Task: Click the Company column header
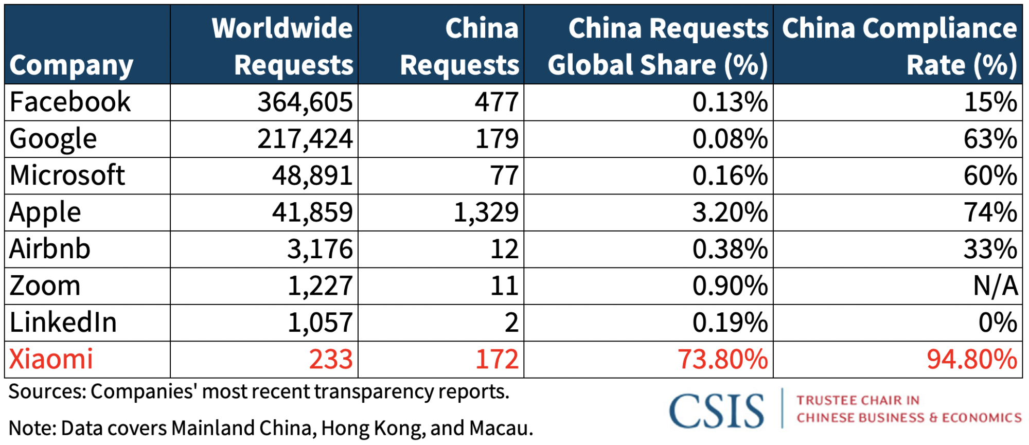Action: point(71,65)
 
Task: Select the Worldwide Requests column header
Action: point(282,46)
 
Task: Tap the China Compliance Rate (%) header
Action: point(899,46)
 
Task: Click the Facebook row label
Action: point(70,102)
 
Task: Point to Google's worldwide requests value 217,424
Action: point(305,139)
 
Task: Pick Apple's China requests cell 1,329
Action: point(486,212)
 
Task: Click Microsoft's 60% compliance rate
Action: point(990,176)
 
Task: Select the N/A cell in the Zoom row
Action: point(995,286)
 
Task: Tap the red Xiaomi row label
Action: point(51,359)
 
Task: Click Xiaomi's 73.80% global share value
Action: point(722,359)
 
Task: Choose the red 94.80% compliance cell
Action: point(971,359)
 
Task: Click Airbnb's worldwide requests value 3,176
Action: point(320,250)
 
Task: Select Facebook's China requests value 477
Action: point(496,102)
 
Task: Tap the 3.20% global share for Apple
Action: point(730,212)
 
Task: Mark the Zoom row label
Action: point(45,286)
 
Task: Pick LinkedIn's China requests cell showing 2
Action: point(511,323)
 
